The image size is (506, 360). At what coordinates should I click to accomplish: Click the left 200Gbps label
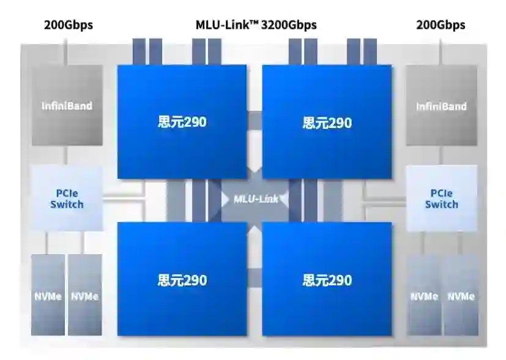coord(68,25)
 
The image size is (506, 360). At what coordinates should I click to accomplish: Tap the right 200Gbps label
coord(441,25)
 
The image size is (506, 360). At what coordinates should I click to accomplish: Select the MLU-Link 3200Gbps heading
coord(256,25)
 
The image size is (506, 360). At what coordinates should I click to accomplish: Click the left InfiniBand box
coord(67,105)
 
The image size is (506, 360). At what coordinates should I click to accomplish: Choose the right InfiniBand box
coord(441,105)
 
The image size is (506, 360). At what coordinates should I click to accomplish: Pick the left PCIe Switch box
coord(67,198)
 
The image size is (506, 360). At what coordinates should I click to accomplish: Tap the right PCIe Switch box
coord(441,198)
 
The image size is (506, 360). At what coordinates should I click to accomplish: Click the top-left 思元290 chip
coord(182,122)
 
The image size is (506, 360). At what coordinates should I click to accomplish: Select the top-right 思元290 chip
coord(327,122)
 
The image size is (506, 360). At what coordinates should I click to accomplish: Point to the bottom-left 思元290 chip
coord(182,279)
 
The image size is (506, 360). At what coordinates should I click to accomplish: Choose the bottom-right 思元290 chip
coord(327,279)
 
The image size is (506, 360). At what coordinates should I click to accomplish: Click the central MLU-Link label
coord(256,198)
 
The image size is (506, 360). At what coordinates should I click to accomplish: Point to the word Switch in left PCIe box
coord(67,204)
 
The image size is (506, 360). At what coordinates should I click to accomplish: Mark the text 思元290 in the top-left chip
coord(182,122)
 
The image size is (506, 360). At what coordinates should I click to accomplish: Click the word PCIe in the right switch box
coord(441,192)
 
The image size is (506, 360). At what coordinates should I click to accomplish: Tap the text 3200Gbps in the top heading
coord(289,25)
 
